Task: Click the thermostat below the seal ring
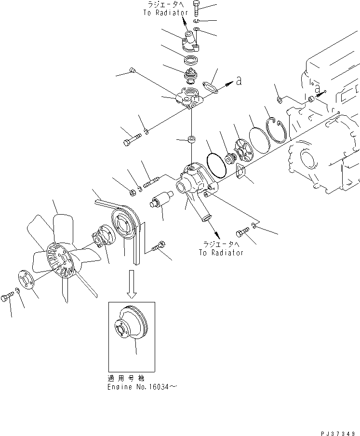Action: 191,75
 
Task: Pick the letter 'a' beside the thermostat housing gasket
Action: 238,82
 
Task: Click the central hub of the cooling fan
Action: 63,261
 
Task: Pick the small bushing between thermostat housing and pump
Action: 191,140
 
